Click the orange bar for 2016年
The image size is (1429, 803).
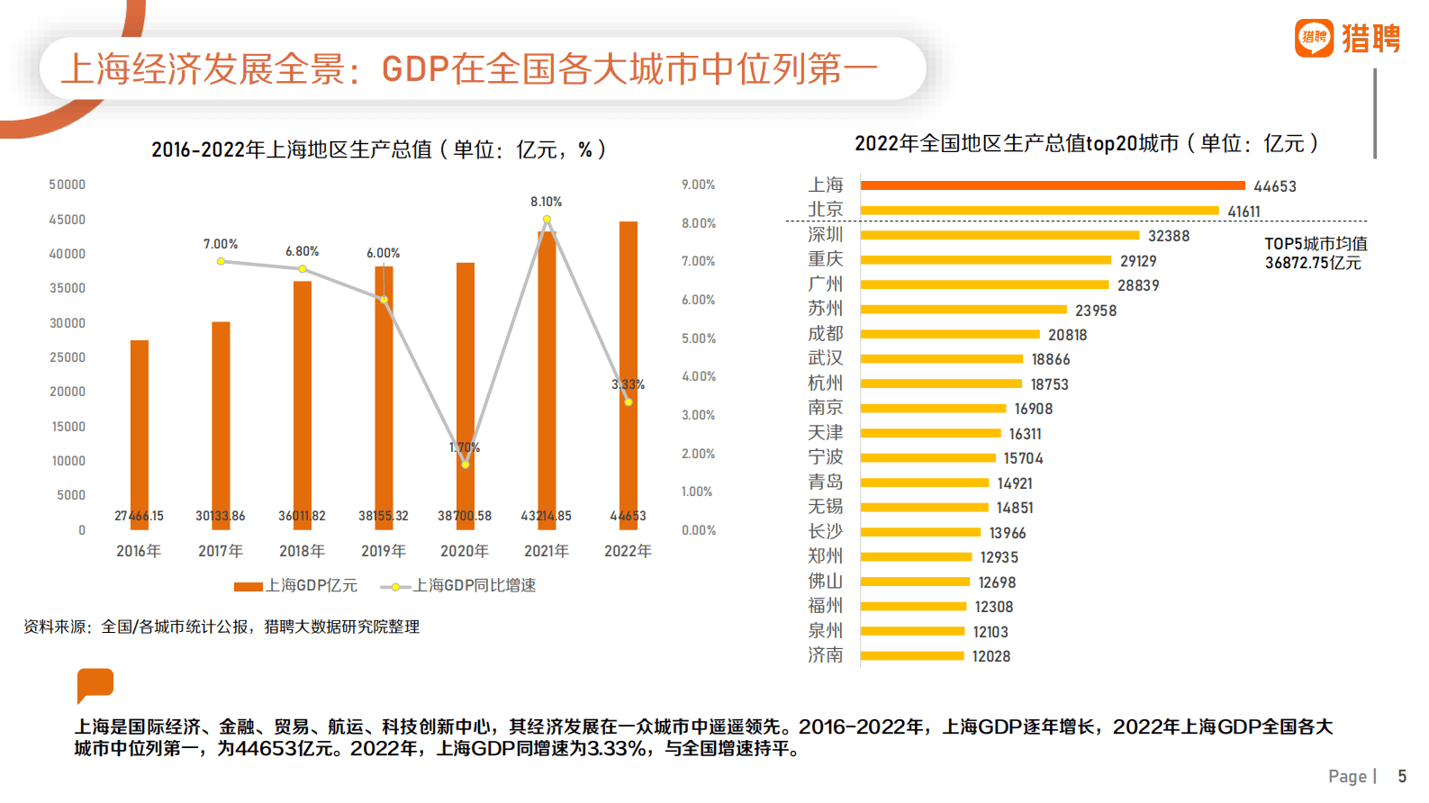pos(140,423)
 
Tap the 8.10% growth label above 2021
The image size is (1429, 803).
pos(546,202)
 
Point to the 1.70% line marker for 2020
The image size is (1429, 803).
pos(465,465)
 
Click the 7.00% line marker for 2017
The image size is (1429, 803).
pos(221,261)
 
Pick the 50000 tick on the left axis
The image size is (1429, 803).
pos(68,185)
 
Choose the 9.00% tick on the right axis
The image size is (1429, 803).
pos(698,185)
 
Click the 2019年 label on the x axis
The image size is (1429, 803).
pos(384,551)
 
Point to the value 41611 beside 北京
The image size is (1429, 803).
pos(1244,212)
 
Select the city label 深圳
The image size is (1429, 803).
pos(825,235)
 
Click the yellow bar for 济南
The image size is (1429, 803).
pos(911,656)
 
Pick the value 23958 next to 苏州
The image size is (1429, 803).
pos(1095,311)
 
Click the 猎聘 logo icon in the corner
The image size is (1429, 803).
pos(1314,38)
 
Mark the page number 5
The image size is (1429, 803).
pos(1402,776)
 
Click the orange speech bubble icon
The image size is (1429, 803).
pos(95,684)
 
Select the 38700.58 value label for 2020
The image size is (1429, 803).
pos(465,516)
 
